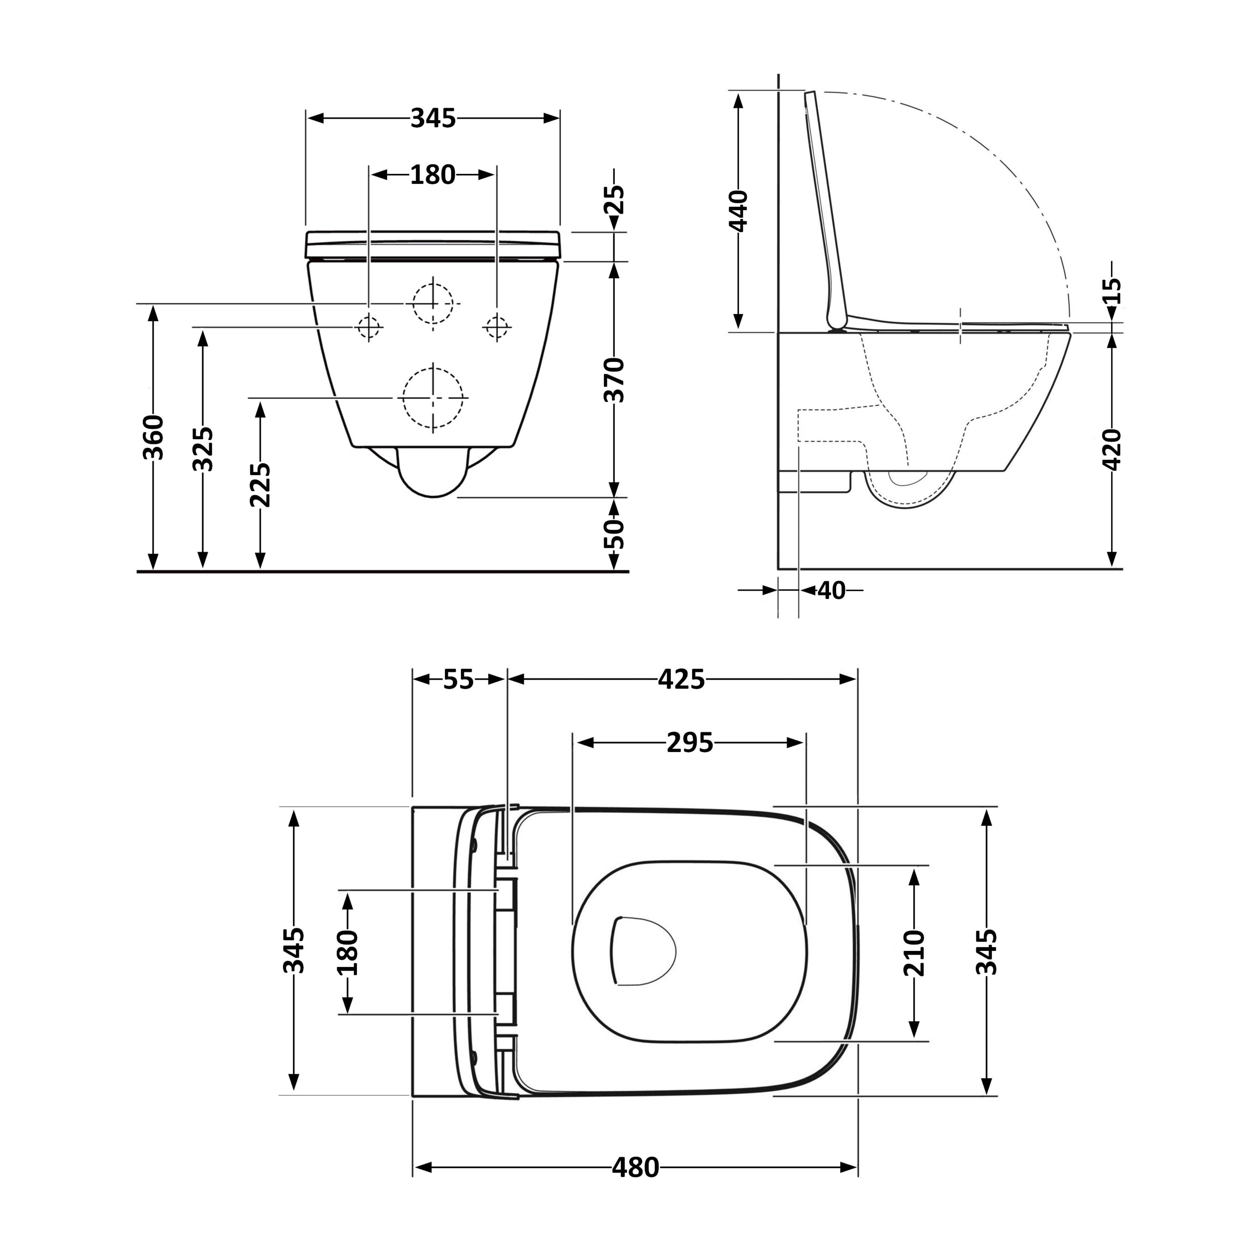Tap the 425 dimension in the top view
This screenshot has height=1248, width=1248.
(x=681, y=680)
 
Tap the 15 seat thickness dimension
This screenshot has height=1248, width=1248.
(x=1112, y=291)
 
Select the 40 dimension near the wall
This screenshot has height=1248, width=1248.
(x=831, y=590)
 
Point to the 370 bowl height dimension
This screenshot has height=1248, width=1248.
(x=614, y=380)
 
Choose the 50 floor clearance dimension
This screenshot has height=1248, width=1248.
(x=614, y=534)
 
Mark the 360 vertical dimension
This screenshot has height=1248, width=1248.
(x=153, y=437)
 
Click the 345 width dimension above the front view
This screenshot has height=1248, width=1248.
(x=433, y=118)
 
